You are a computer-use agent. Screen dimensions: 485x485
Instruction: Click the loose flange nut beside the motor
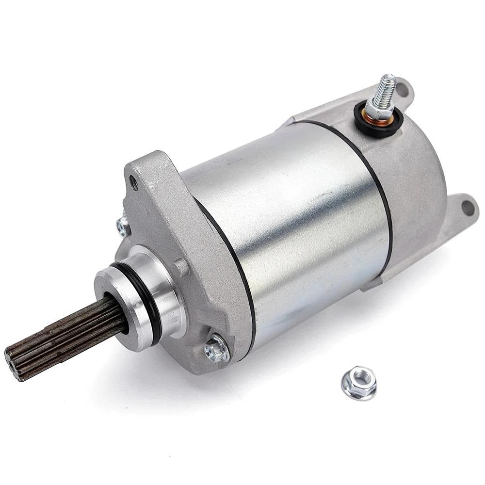(359, 383)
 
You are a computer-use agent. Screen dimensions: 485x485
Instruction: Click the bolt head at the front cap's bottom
(216, 348)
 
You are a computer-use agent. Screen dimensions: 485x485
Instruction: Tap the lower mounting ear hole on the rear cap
(467, 208)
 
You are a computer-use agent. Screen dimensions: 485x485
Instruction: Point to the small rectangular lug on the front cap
(181, 267)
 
